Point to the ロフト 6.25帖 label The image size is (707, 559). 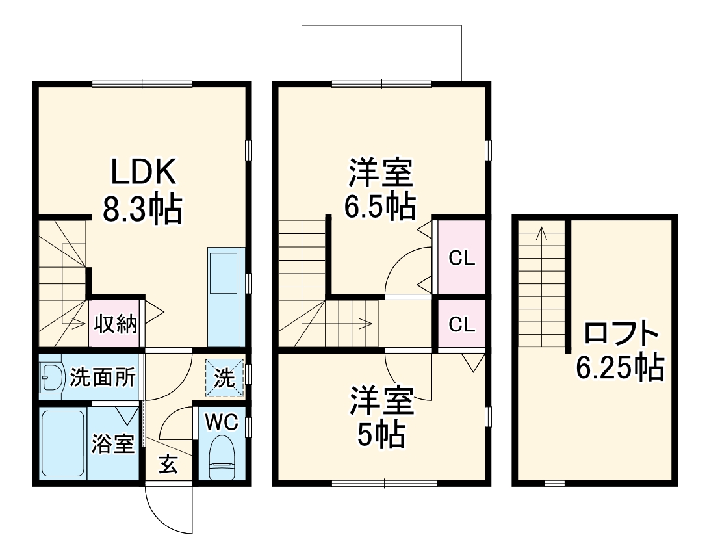pyautogui.click(x=621, y=351)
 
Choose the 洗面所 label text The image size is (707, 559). pyautogui.click(x=103, y=377)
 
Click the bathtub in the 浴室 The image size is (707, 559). pyautogui.click(x=62, y=444)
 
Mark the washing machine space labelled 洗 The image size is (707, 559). pyautogui.click(x=225, y=378)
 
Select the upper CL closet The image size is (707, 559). pyautogui.click(x=462, y=257)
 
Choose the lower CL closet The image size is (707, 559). pyautogui.click(x=462, y=324)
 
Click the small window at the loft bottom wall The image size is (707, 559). pyautogui.click(x=554, y=483)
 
